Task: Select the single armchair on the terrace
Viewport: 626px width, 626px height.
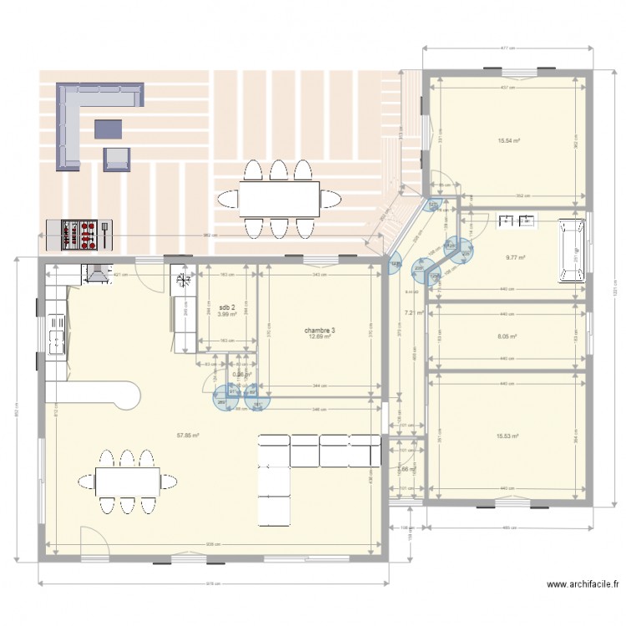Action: [117, 159]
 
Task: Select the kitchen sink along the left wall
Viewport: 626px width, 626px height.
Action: [56, 336]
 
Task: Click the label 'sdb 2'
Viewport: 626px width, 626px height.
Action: [227, 307]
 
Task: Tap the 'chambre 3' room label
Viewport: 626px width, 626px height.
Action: [321, 331]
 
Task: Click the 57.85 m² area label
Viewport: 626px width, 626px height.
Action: [187, 435]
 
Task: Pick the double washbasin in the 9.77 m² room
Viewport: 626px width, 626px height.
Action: [516, 221]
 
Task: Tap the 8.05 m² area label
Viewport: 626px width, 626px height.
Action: [507, 337]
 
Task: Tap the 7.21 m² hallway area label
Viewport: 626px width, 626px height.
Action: [415, 313]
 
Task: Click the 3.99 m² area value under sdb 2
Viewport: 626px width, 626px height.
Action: [227, 314]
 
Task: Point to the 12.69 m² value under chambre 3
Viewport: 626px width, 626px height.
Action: [321, 337]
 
